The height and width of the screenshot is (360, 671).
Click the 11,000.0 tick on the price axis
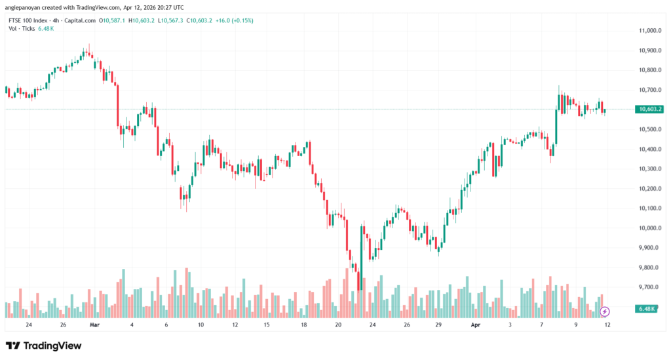point(647,31)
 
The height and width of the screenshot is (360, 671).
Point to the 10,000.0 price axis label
point(647,228)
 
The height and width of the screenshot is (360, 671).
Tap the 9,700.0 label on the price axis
point(647,287)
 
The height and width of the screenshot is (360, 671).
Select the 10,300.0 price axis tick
point(647,169)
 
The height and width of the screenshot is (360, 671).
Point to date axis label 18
point(304,325)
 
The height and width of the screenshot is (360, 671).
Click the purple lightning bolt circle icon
point(605,311)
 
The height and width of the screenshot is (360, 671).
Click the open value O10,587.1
point(111,21)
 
